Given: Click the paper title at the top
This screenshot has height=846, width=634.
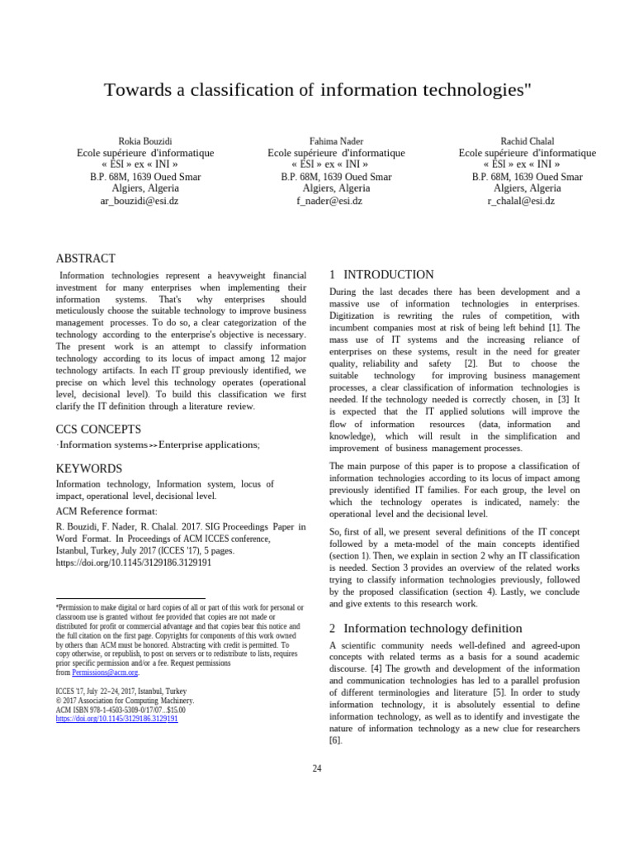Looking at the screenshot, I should pyautogui.click(x=317, y=89).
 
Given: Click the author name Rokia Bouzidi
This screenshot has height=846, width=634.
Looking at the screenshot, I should pyautogui.click(x=145, y=141).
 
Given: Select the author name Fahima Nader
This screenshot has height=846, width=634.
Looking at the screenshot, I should pyautogui.click(x=336, y=141).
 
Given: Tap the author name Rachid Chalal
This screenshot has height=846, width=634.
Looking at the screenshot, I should pyautogui.click(x=527, y=141).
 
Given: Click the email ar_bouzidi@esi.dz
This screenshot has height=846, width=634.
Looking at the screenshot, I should pyautogui.click(x=145, y=200).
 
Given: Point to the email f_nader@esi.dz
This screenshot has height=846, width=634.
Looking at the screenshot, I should pyautogui.click(x=336, y=200).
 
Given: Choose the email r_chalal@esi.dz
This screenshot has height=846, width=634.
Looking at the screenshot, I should pyautogui.click(x=527, y=200).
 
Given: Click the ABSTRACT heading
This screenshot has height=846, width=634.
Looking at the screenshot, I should pyautogui.click(x=85, y=259).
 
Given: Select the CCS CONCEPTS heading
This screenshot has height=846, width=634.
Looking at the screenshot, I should pyautogui.click(x=98, y=429).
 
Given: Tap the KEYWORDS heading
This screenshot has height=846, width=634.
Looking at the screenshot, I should pyautogui.click(x=88, y=468).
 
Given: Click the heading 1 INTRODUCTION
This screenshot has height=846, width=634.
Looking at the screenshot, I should pyautogui.click(x=381, y=274).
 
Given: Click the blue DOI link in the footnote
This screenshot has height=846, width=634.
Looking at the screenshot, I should pyautogui.click(x=116, y=719).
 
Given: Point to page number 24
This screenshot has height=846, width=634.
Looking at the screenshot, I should pyautogui.click(x=317, y=768).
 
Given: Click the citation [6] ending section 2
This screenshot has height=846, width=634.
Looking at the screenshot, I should pyautogui.click(x=335, y=740).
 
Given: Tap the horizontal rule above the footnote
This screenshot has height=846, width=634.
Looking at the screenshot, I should pyautogui.click(x=130, y=598).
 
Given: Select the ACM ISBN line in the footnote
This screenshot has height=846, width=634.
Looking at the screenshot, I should pyautogui.click(x=121, y=709).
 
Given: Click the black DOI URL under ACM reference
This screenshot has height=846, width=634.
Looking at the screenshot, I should pyautogui.click(x=133, y=562).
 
